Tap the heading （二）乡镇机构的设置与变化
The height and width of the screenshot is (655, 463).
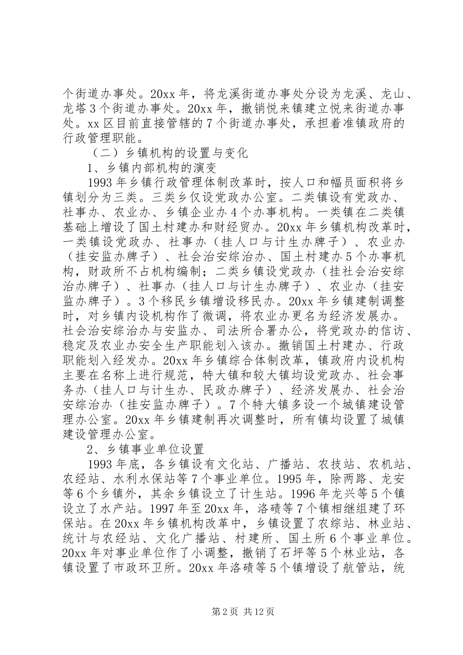point(170,153)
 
